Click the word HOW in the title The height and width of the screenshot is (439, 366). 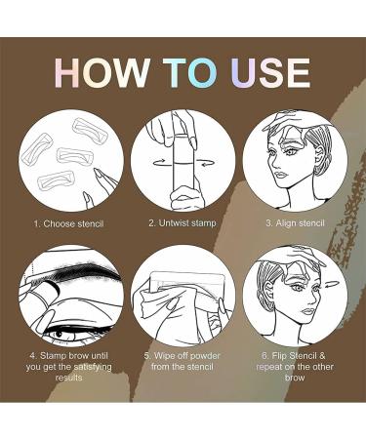pyautogui.click(x=102, y=73)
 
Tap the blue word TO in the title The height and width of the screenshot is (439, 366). pyautogui.click(x=190, y=73)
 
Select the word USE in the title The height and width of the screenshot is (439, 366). pyautogui.click(x=271, y=73)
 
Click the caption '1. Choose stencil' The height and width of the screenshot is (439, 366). pyautogui.click(x=69, y=223)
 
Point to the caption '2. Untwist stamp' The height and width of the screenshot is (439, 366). pyautogui.click(x=183, y=223)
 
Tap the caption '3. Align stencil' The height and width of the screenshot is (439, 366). pyautogui.click(x=295, y=223)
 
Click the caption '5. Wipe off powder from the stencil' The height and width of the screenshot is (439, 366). pyautogui.click(x=183, y=361)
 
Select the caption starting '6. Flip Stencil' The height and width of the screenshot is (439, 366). pyautogui.click(x=295, y=367)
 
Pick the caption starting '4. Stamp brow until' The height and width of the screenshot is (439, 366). pyautogui.click(x=69, y=367)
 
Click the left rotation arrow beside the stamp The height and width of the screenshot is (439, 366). pyautogui.click(x=163, y=162)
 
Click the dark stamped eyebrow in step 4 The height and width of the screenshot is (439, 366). pyautogui.click(x=85, y=274)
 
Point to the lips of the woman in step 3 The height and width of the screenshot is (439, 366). pyautogui.click(x=280, y=176)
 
